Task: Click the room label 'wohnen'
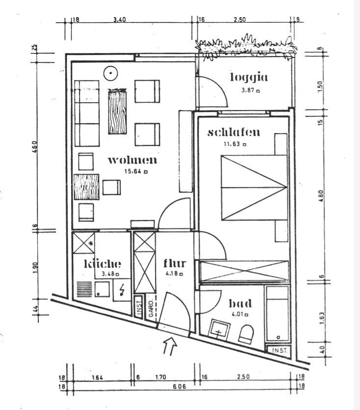[132, 160]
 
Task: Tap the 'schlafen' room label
[233, 133]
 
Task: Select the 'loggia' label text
[249, 77]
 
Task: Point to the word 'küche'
[103, 264]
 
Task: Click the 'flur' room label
[175, 264]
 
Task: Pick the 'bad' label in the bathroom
[240, 303]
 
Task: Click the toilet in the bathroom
[245, 334]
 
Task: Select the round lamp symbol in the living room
[111, 74]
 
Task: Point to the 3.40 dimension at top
[120, 20]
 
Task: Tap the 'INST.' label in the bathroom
[277, 351]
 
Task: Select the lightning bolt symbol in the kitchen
[122, 290]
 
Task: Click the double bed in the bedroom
[253, 187]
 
